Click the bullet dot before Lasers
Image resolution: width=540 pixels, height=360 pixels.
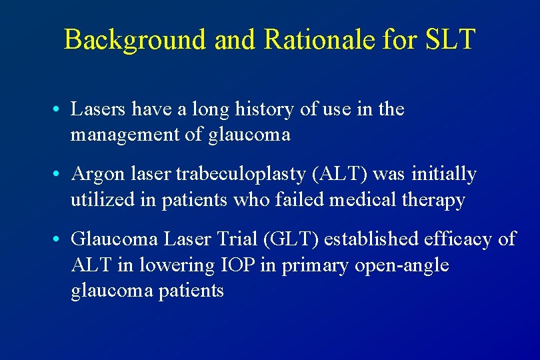coord(59,109)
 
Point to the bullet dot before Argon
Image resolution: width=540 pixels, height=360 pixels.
coord(59,175)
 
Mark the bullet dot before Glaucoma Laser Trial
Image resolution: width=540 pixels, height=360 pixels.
coord(59,239)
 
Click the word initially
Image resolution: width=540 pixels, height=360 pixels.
coord(445,175)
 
